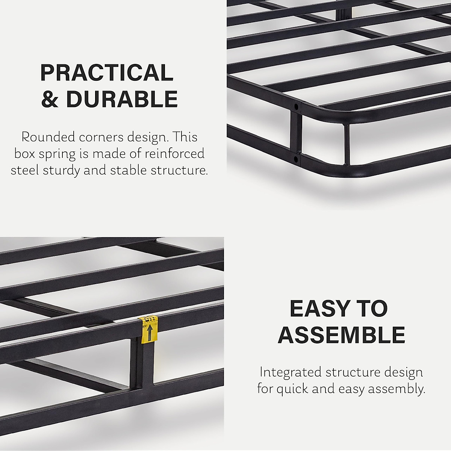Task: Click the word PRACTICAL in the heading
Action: (107, 73)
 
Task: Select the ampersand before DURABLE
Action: (50, 99)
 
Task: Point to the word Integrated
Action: (290, 372)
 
